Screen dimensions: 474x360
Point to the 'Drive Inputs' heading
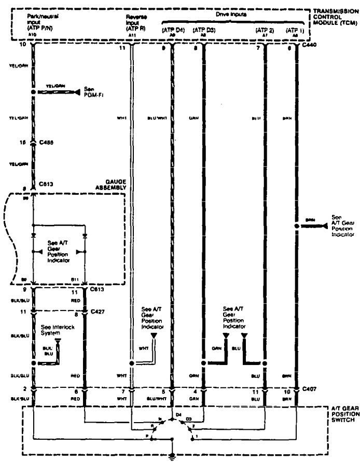click(224, 16)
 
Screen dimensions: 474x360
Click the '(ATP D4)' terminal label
click(173, 31)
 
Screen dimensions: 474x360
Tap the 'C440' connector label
click(311, 46)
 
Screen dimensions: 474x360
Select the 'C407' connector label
click(310, 389)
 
